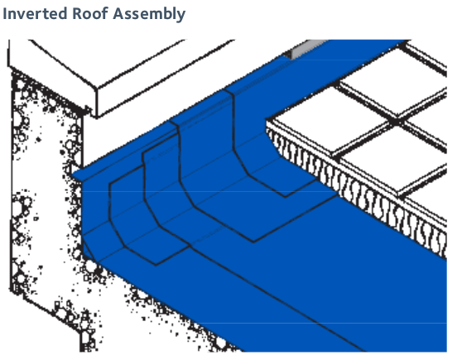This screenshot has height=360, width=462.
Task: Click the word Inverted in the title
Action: (35, 13)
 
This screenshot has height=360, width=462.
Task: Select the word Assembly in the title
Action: (149, 15)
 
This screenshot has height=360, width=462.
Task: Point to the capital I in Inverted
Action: (4, 13)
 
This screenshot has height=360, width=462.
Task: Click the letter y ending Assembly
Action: (181, 17)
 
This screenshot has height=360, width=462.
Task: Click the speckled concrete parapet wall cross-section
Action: (44, 191)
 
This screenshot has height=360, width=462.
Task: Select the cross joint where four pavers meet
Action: (395, 122)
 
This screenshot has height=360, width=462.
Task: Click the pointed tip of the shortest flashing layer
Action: (156, 265)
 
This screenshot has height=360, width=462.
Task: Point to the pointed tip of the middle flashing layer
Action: (253, 242)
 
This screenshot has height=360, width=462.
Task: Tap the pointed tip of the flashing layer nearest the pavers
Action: (285, 197)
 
